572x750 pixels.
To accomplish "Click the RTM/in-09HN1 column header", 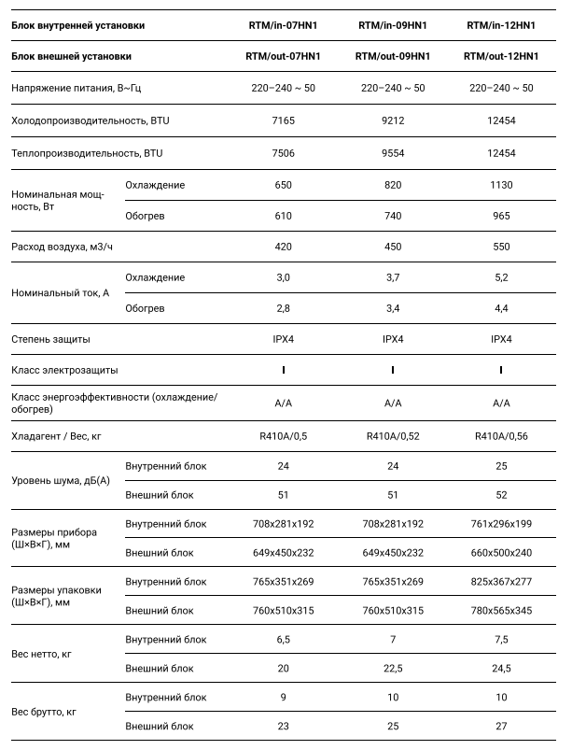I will coord(392,25).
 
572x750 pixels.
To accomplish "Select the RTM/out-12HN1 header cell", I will coord(500,57).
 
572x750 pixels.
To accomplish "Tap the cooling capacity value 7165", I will coord(284,120).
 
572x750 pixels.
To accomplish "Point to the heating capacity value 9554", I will coord(392,152).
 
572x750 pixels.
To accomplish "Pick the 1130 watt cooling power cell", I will coord(500,185).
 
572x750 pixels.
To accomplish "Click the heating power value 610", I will coord(284,216).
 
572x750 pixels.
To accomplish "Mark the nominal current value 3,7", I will coord(392,277).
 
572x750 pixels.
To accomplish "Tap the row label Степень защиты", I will coord(51,339).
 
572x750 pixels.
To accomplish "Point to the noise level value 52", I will coord(500,495).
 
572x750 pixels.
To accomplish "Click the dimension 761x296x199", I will coord(500,524).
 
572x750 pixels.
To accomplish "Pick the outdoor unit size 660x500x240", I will coord(500,553).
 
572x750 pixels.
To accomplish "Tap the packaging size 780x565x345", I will coord(500,611).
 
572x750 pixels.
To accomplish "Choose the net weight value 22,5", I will coord(392,669).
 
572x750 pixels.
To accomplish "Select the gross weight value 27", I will coord(500,726).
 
